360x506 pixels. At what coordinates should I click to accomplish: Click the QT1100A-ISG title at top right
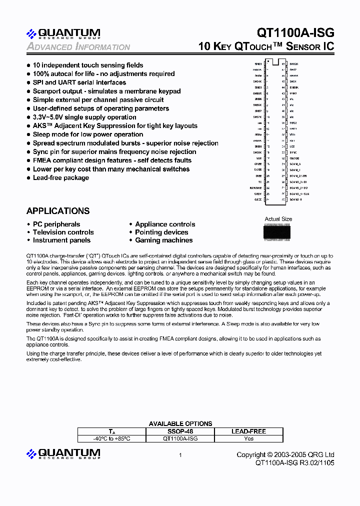click(x=295, y=32)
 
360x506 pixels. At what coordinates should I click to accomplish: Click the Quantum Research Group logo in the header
click(x=63, y=33)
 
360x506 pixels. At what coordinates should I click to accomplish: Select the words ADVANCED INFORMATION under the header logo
click(x=78, y=47)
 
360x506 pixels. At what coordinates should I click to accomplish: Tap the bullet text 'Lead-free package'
click(x=60, y=177)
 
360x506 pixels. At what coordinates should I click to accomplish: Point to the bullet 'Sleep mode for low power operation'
click(x=88, y=134)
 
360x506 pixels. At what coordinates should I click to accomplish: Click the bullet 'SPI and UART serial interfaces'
click(x=79, y=82)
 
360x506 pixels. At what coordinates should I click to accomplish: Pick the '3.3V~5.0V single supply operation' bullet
click(x=84, y=117)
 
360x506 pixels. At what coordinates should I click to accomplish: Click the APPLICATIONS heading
click(x=58, y=211)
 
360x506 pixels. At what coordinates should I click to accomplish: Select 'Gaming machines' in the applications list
click(x=163, y=240)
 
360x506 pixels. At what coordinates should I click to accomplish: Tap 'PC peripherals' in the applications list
click(x=56, y=224)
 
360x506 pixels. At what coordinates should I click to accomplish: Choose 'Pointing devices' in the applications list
click(x=161, y=232)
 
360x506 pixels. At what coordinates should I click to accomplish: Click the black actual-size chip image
click(x=278, y=231)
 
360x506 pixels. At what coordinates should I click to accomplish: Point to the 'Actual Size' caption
click(x=278, y=219)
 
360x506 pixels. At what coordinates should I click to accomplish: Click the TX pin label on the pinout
click(x=260, y=181)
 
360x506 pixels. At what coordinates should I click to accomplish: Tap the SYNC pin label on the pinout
click(x=293, y=152)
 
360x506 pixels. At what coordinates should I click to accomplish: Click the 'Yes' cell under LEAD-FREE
click(x=248, y=438)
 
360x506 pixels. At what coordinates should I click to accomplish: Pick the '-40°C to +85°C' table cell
click(x=111, y=438)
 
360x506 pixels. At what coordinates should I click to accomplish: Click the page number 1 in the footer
click(x=180, y=455)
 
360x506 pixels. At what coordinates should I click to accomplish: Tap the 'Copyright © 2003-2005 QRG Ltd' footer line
click(x=285, y=455)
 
